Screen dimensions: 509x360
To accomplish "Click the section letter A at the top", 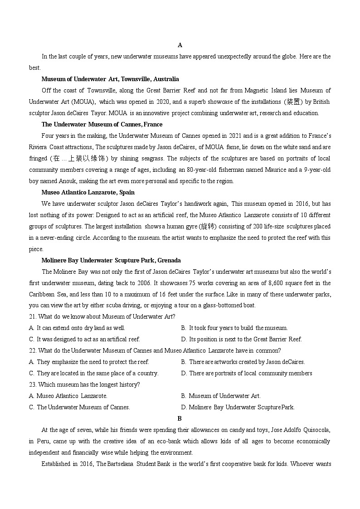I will tap(180, 45).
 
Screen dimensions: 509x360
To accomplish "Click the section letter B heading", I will tap(180, 418).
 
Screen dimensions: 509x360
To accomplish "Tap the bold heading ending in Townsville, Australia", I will tap(110, 79).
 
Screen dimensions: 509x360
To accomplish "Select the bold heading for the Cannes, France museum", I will tap(102, 124).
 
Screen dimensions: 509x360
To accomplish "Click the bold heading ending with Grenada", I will tap(111, 260).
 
